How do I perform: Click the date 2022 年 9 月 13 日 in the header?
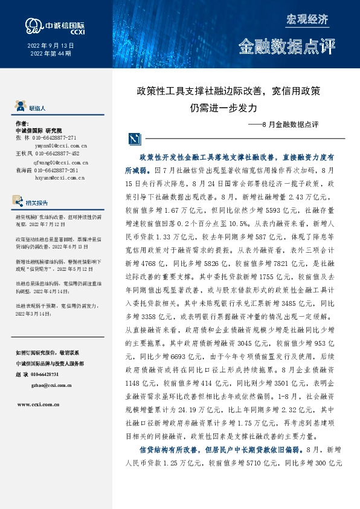point(51,46)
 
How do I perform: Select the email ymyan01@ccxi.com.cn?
point(61,146)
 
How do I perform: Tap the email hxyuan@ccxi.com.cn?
point(59,178)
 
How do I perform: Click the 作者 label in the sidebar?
point(22,122)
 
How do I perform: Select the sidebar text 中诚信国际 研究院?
point(39,130)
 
